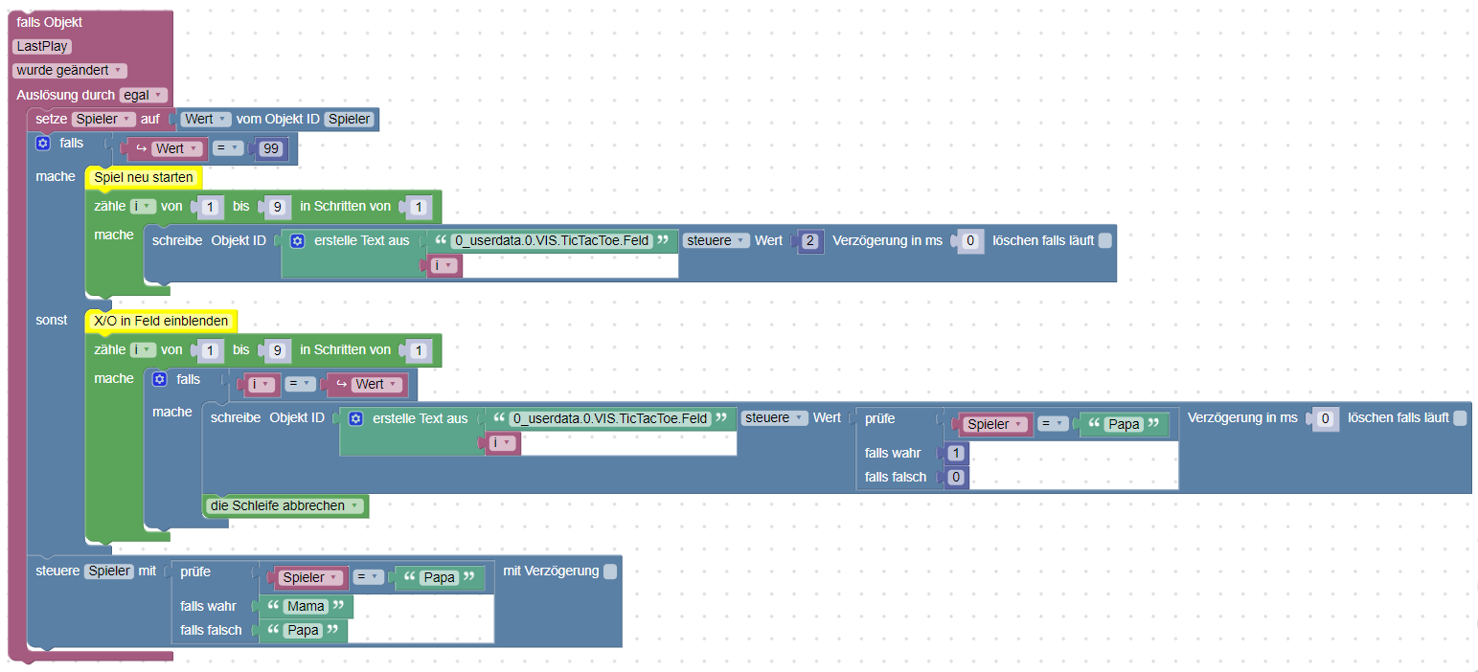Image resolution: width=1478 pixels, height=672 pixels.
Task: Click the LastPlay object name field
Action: tap(43, 46)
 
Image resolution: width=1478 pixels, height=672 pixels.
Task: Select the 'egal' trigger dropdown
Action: tap(143, 95)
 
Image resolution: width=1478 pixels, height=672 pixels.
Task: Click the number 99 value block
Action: tap(270, 148)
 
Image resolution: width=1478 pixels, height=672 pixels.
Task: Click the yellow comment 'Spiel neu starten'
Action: tap(144, 178)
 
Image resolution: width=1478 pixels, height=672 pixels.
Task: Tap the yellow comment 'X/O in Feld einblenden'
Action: tap(161, 322)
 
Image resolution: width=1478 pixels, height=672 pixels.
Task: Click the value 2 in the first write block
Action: tap(809, 241)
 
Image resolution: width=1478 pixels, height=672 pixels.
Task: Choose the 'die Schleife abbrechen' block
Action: tap(285, 505)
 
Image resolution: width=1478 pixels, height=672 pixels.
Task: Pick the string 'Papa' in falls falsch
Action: tap(304, 631)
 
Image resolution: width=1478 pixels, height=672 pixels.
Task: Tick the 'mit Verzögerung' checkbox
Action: tap(610, 571)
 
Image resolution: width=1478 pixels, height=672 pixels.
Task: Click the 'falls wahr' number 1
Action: tap(955, 453)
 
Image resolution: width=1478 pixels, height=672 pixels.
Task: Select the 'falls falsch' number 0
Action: tap(955, 477)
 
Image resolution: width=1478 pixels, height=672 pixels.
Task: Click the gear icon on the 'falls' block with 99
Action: tap(42, 144)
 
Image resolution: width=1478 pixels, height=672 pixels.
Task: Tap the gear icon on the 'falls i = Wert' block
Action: tap(160, 379)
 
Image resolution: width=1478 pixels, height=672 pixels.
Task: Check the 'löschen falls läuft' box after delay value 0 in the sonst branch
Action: tap(1459, 418)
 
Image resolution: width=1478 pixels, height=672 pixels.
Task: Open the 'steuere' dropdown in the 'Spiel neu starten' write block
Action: tap(716, 241)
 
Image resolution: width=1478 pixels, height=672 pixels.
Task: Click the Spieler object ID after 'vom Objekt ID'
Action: tap(351, 119)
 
